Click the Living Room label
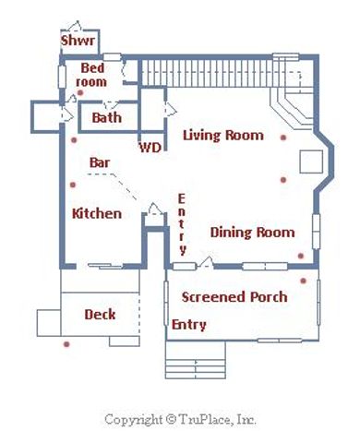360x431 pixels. [x=223, y=135]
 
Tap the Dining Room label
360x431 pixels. [x=252, y=232]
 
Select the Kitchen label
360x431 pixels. [x=97, y=213]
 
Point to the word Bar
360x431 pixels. [x=100, y=162]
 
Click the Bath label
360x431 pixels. [x=106, y=117]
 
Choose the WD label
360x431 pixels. [x=150, y=148]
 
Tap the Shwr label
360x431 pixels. [x=78, y=41]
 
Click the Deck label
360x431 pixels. [x=100, y=314]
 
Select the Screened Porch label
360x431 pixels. [x=234, y=297]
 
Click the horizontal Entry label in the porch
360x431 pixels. [x=188, y=325]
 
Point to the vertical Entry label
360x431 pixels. [x=182, y=224]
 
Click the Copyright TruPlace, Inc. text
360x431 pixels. [x=180, y=420]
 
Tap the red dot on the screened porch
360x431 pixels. [x=304, y=281]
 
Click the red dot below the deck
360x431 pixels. [x=66, y=344]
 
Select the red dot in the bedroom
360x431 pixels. [x=80, y=92]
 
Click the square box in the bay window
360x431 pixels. [x=311, y=162]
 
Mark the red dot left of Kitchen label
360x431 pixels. [x=73, y=185]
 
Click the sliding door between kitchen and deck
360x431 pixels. [x=105, y=266]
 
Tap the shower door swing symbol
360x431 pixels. [x=75, y=26]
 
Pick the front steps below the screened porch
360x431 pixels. [x=196, y=360]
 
